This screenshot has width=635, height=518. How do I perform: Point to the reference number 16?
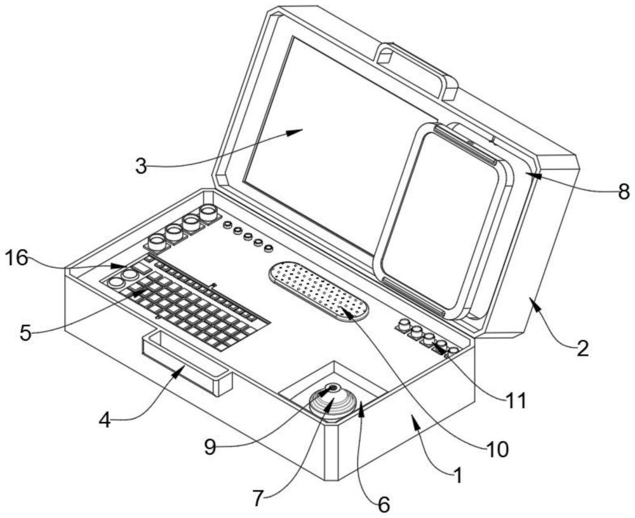[x=18, y=257]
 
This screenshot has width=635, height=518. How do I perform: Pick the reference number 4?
[x=107, y=421]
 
